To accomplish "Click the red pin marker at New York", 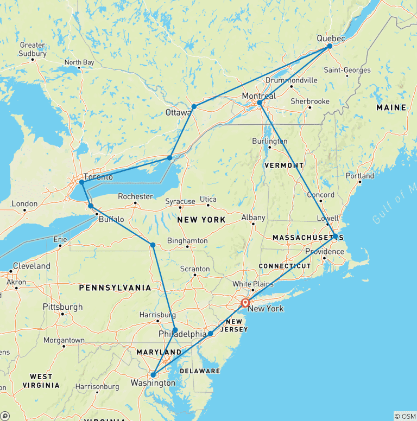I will tap(245, 303).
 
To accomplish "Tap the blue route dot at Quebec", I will tap(330, 47).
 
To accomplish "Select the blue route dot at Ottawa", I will tap(194, 106).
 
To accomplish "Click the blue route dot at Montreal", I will tap(260, 103).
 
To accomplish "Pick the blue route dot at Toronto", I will tap(81, 182).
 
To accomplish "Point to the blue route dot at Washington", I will tap(154, 374).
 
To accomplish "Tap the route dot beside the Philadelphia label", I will tap(175, 330).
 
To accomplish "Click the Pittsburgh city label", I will tap(63, 307).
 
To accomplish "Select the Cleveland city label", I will tap(32, 266).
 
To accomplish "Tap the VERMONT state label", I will tap(284, 165).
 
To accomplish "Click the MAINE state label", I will tap(391, 108).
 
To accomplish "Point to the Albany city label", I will tap(253, 218).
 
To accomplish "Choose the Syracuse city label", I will tap(180, 201).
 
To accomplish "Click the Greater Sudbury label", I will tap(33, 49).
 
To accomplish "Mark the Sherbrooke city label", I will tap(310, 101).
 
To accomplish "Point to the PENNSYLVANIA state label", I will tap(115, 287).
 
